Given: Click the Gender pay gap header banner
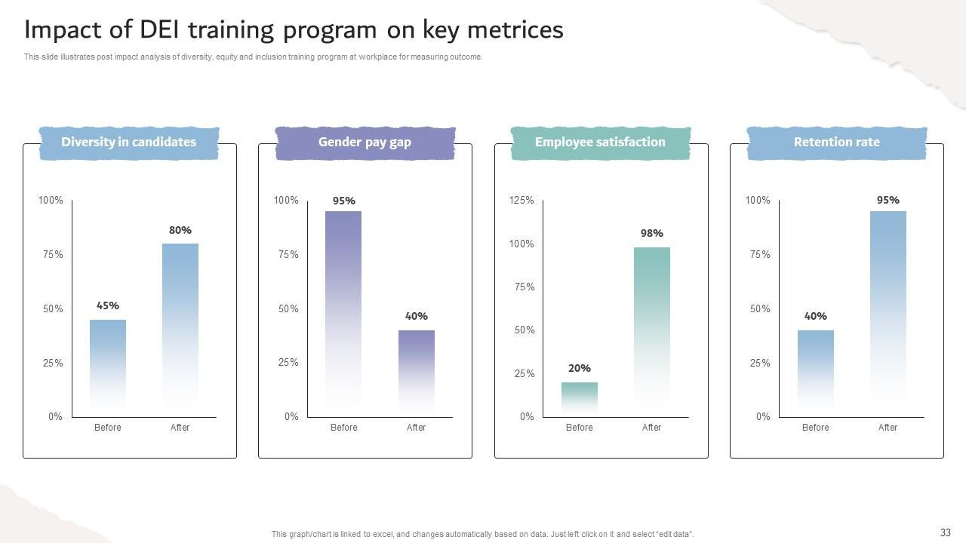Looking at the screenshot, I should tap(365, 143).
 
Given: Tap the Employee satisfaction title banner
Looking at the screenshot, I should tap(600, 143).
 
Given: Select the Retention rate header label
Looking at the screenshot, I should tap(836, 143).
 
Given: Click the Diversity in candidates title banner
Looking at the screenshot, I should tap(128, 143).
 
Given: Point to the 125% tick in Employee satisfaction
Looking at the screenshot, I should tap(521, 201).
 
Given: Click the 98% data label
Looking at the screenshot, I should tap(652, 234).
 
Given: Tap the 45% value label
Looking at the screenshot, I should tap(108, 306).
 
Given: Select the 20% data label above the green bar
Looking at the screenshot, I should tap(580, 369).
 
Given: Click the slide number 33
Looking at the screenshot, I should tap(946, 532).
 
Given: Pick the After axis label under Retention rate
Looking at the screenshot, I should tap(888, 428).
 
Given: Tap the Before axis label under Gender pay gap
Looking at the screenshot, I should tap(343, 428).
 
